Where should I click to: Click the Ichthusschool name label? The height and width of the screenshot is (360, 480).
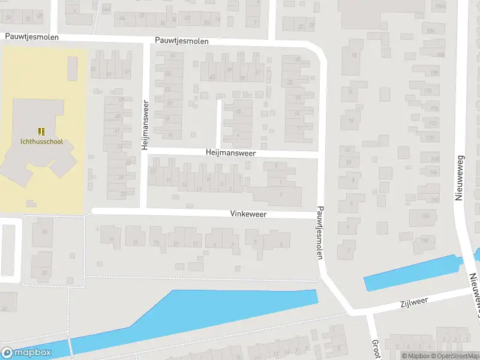click(x=41, y=142)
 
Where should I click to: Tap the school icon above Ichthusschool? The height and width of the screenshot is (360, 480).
click(x=41, y=131)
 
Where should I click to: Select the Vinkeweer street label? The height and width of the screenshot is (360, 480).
click(x=248, y=214)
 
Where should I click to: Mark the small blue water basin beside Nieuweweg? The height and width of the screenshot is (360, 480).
click(x=411, y=273)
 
